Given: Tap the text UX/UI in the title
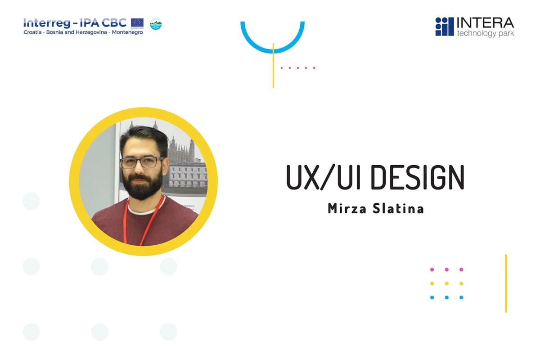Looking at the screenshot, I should point(322,177).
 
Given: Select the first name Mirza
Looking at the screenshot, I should point(344,208).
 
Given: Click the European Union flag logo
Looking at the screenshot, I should point(137,23).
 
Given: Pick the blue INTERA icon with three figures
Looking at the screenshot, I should point(444,27).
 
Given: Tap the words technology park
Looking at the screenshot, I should point(485,34).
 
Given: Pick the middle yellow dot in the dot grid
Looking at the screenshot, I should point(446,283).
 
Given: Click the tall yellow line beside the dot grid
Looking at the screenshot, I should point(506,283).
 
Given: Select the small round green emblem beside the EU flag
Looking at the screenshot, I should point(155,24).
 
